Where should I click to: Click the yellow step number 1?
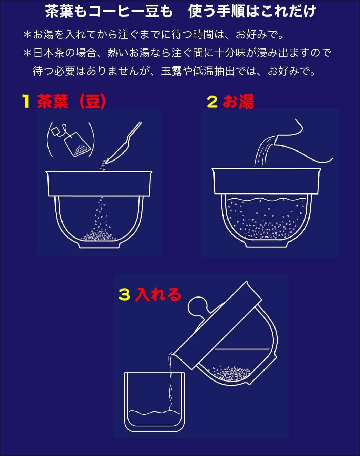click(x=26, y=101)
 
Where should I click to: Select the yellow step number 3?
click(x=124, y=294)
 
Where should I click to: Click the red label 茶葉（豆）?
click(x=71, y=101)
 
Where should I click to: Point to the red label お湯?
click(x=238, y=101)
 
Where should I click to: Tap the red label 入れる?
click(x=158, y=294)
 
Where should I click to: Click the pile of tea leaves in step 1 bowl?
click(x=99, y=236)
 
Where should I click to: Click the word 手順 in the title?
click(x=231, y=11)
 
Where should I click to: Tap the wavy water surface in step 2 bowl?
click(x=266, y=200)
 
